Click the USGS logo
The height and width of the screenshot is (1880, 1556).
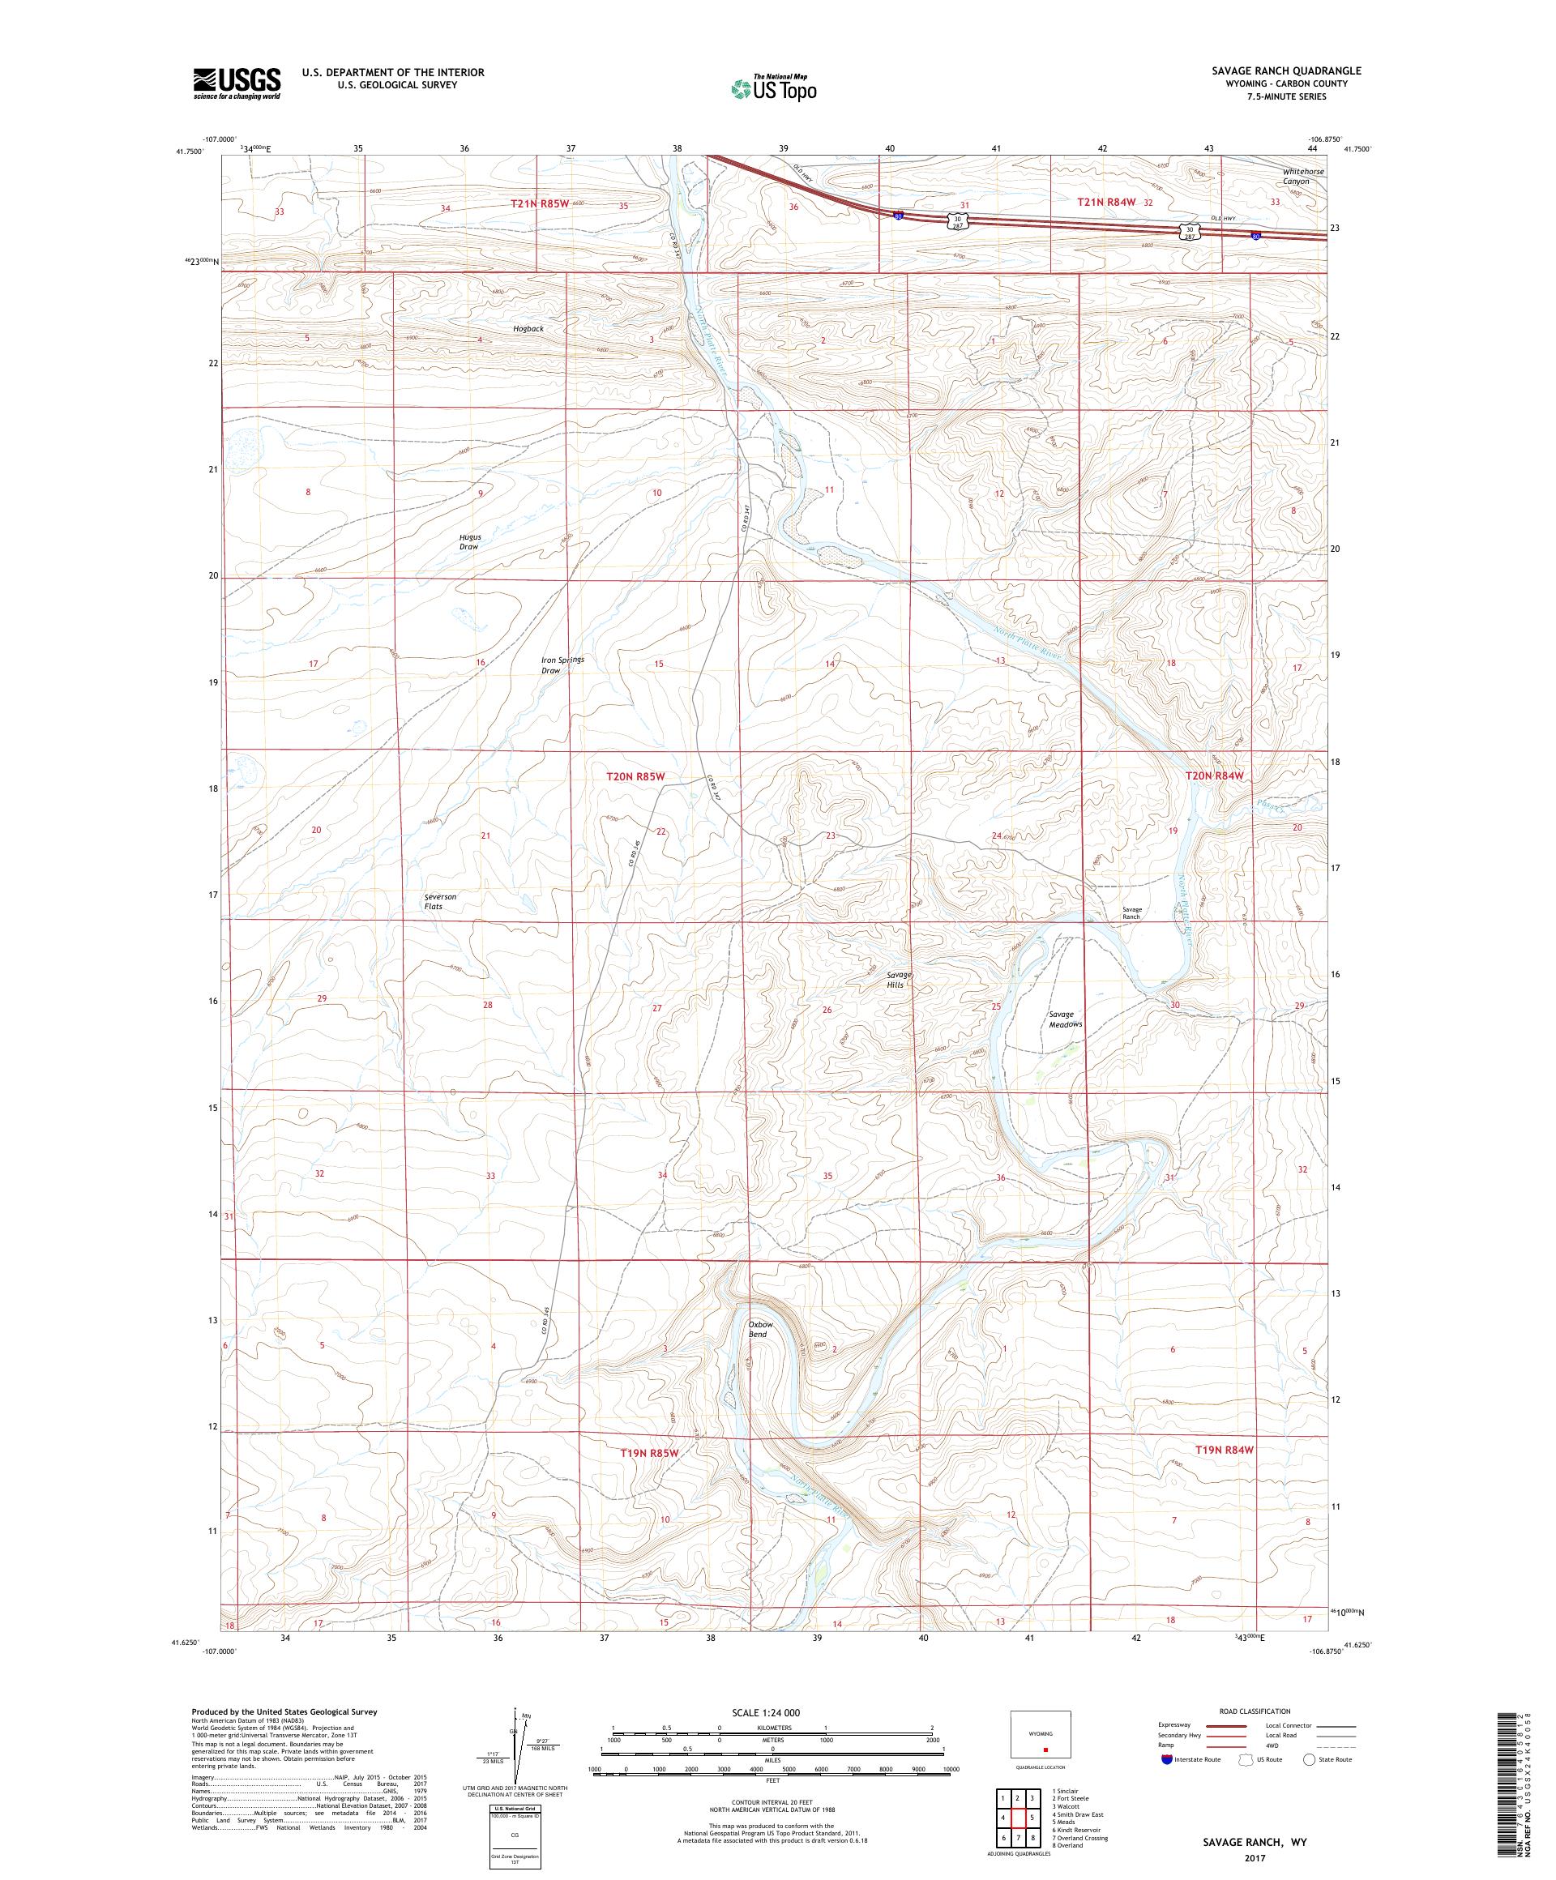[237, 83]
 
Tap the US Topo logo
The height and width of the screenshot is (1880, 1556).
[775, 88]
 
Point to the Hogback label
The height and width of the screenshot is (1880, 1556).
[528, 328]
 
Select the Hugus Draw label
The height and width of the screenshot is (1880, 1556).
[469, 540]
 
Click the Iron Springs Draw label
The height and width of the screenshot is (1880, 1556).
[562, 664]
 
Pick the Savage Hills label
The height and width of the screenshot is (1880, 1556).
[898, 980]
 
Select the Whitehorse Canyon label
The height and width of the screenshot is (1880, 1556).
[1301, 176]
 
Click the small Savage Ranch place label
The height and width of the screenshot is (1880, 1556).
[1131, 913]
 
